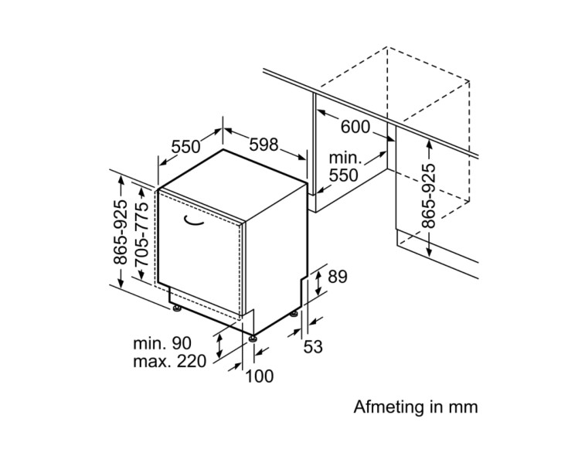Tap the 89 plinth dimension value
click(x=338, y=277)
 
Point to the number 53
click(x=312, y=347)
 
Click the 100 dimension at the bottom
click(x=260, y=376)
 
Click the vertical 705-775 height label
click(x=141, y=234)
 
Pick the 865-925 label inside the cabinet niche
click(x=430, y=195)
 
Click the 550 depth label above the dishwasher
click(x=185, y=146)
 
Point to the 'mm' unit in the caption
click(x=464, y=407)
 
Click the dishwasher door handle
click(x=194, y=223)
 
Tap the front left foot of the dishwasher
click(x=178, y=310)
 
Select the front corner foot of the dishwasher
click(x=252, y=336)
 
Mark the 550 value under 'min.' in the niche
click(x=344, y=175)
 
